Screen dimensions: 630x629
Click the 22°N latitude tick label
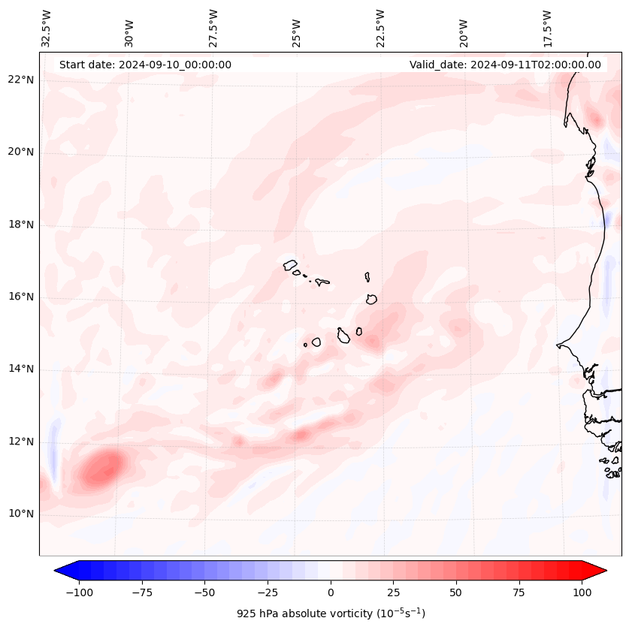(21, 80)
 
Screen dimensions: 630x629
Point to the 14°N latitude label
(21, 369)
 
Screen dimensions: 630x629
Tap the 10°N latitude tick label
(21, 514)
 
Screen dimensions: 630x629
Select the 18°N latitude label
(21, 225)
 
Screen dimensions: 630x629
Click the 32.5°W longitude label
(47, 28)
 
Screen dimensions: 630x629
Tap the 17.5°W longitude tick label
(547, 28)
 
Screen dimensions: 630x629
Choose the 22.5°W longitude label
(380, 28)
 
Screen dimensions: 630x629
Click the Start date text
(145, 65)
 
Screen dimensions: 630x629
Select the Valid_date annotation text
(505, 65)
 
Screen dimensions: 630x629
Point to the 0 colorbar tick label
(331, 592)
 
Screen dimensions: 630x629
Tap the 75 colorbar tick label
(519, 592)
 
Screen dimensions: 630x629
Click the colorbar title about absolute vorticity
(331, 613)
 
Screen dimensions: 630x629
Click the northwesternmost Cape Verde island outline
(290, 264)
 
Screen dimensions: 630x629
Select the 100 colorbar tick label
(581, 592)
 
